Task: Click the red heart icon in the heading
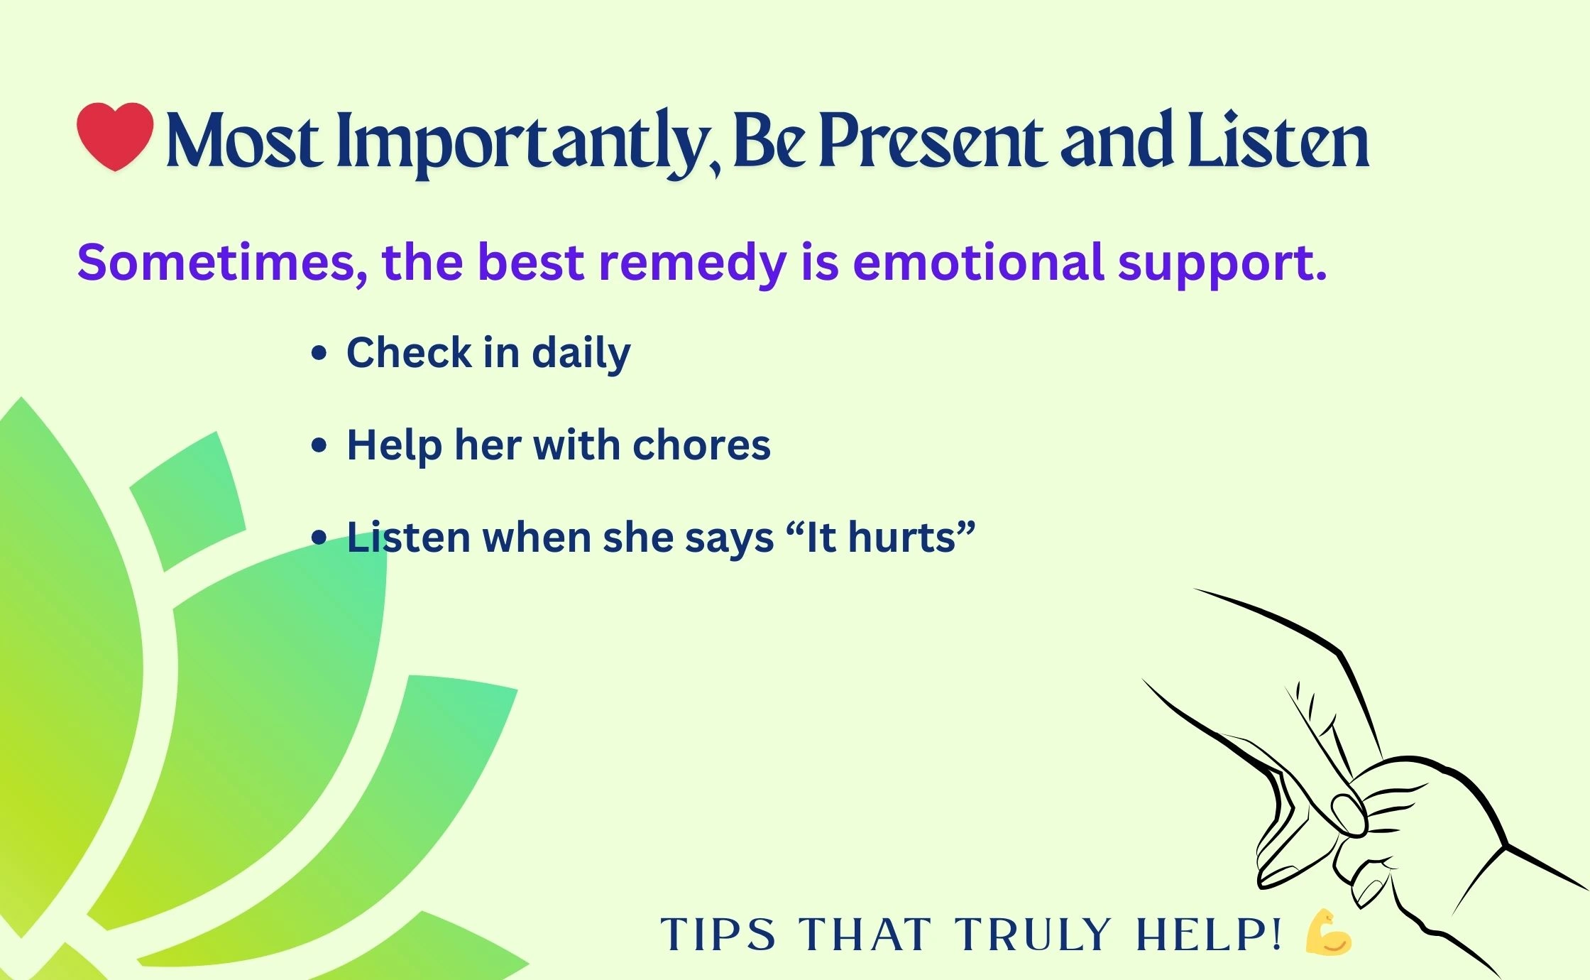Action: tap(115, 136)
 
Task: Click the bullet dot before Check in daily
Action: tap(319, 353)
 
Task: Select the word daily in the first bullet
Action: tap(581, 354)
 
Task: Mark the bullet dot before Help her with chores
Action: tap(319, 445)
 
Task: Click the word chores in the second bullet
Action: tap(701, 445)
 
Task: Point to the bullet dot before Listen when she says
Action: tap(319, 538)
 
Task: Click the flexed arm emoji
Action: tap(1329, 932)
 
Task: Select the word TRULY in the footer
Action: tap(1033, 934)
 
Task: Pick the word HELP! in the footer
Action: tap(1209, 934)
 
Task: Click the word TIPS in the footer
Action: tap(718, 934)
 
